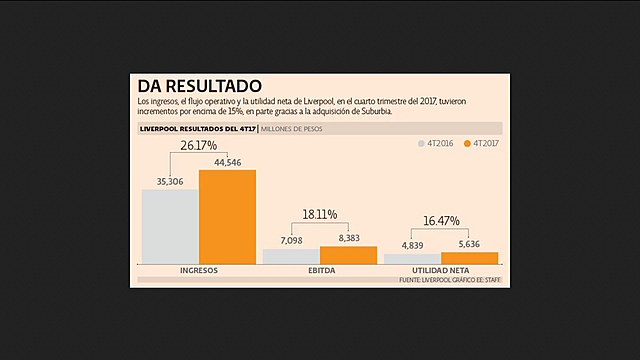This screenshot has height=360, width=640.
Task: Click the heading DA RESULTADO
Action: click(200, 86)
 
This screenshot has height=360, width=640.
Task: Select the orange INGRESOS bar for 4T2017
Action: click(227, 217)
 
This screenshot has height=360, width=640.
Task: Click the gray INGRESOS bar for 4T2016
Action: click(169, 226)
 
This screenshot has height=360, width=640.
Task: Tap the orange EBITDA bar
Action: click(348, 255)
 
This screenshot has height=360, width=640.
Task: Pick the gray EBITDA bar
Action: click(291, 257)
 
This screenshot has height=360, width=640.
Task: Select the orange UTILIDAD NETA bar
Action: click(469, 258)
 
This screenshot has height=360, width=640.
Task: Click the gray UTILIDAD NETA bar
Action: click(412, 259)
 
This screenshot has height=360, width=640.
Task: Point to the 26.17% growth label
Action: click(199, 146)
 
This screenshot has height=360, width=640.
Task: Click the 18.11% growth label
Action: click(320, 214)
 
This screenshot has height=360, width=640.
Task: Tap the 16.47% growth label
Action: click(441, 220)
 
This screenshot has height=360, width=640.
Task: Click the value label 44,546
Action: click(228, 162)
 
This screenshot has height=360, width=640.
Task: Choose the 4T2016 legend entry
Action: click(435, 144)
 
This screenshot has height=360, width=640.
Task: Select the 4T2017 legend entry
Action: click(485, 144)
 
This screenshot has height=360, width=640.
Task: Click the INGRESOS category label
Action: click(198, 271)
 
